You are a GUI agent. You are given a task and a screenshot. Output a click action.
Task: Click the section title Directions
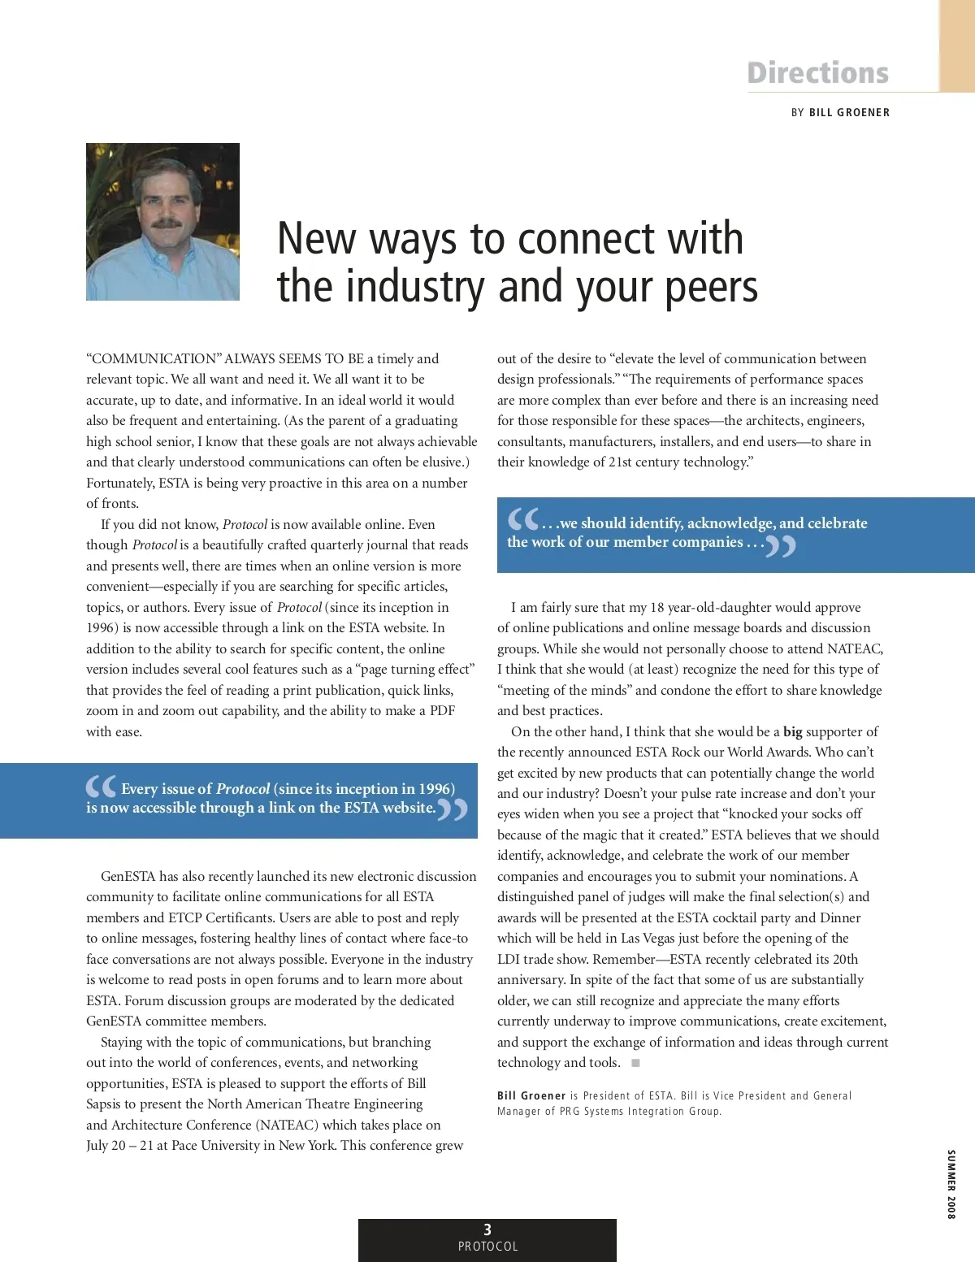point(817,72)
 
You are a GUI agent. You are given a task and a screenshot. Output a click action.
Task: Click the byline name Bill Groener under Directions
point(849,113)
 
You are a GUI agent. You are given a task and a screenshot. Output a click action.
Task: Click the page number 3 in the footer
point(487,1229)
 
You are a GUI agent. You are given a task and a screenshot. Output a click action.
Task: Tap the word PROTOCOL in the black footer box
point(487,1247)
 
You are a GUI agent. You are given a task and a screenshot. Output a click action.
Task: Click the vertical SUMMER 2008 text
point(951,1184)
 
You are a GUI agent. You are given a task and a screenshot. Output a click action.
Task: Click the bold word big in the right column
point(792,732)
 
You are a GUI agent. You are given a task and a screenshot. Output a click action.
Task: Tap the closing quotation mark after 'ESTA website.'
point(453,809)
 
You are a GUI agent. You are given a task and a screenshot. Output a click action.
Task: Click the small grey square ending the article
point(635,1063)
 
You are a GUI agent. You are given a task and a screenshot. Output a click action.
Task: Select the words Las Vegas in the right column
point(648,939)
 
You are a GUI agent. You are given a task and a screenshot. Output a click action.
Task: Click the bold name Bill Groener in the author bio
point(531,1096)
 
